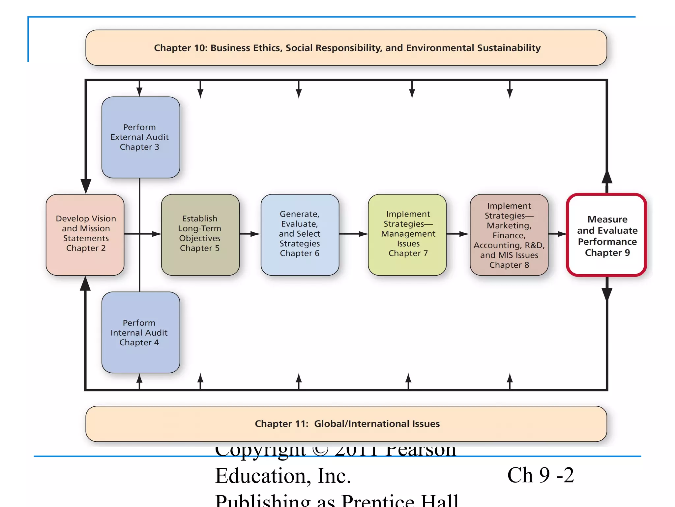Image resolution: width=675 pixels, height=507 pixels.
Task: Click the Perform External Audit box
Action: coord(141,137)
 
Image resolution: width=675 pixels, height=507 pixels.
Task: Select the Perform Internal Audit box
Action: coord(141,332)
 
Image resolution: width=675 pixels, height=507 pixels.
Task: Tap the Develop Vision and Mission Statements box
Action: coord(85,235)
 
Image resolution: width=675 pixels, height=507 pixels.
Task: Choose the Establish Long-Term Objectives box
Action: coord(200,235)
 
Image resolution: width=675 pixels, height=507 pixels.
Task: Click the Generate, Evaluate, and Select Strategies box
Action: coord(300,235)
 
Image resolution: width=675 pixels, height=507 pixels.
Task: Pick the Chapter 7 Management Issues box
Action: coord(407,235)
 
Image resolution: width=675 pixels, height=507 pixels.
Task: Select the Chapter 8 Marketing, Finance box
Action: coord(509,235)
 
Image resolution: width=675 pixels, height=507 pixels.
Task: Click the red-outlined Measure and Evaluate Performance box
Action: coord(607,235)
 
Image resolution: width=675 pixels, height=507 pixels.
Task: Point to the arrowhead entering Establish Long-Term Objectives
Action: coord(157,234)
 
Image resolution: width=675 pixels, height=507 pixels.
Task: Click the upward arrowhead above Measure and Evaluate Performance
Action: coord(607,177)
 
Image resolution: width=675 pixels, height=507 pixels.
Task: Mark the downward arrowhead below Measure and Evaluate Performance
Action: coord(607,294)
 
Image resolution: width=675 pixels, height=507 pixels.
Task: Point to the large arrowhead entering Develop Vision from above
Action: coord(86,186)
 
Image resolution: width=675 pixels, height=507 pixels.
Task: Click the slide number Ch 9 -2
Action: coord(541,475)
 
